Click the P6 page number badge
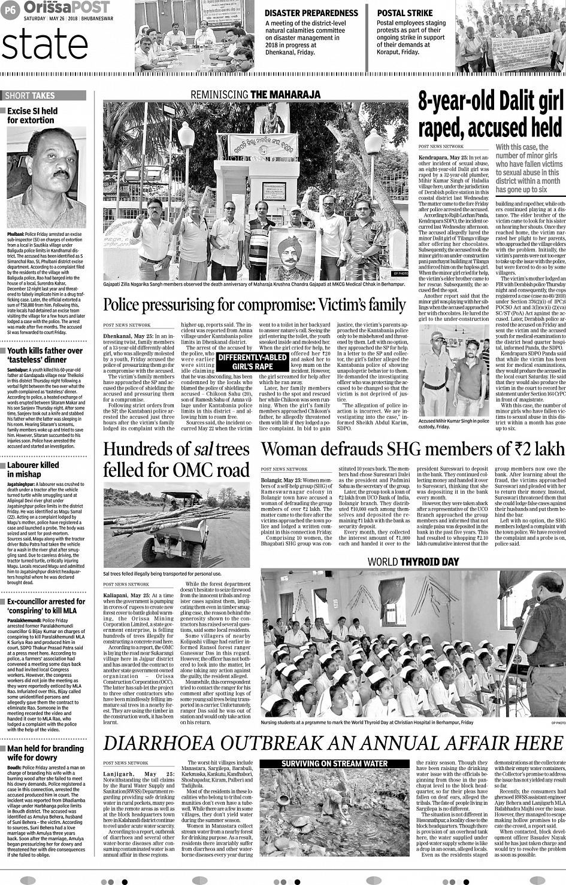[x=10, y=8]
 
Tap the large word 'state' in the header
[x=45, y=44]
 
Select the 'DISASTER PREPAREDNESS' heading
[x=311, y=13]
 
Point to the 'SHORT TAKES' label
[x=29, y=96]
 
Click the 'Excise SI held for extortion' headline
[x=32, y=115]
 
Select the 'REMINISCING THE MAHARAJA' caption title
[x=255, y=95]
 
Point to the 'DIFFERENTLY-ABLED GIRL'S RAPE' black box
[x=252, y=361]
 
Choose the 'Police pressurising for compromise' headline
[x=255, y=305]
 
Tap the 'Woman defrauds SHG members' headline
[x=412, y=448]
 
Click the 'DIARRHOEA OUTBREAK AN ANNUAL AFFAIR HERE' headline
[x=333, y=743]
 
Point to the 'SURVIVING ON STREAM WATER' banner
[x=334, y=764]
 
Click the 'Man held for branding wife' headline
[x=46, y=753]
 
